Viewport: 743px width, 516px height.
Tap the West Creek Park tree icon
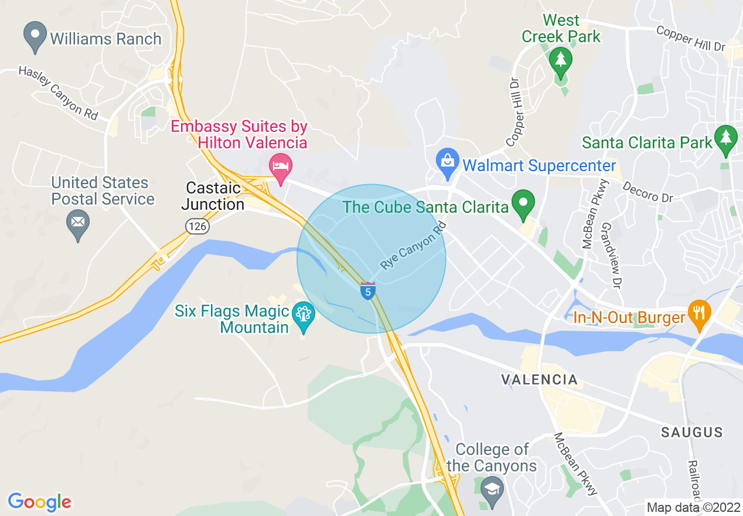(561, 60)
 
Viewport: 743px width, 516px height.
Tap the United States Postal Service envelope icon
(77, 223)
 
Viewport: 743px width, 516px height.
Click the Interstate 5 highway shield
(368, 290)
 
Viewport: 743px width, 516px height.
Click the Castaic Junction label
(213, 196)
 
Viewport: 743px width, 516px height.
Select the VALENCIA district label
(540, 379)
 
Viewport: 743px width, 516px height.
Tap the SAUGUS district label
(691, 433)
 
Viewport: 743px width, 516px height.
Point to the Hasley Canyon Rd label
(58, 93)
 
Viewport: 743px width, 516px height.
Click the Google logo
(39, 502)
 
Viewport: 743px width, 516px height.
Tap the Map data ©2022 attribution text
(692, 507)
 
